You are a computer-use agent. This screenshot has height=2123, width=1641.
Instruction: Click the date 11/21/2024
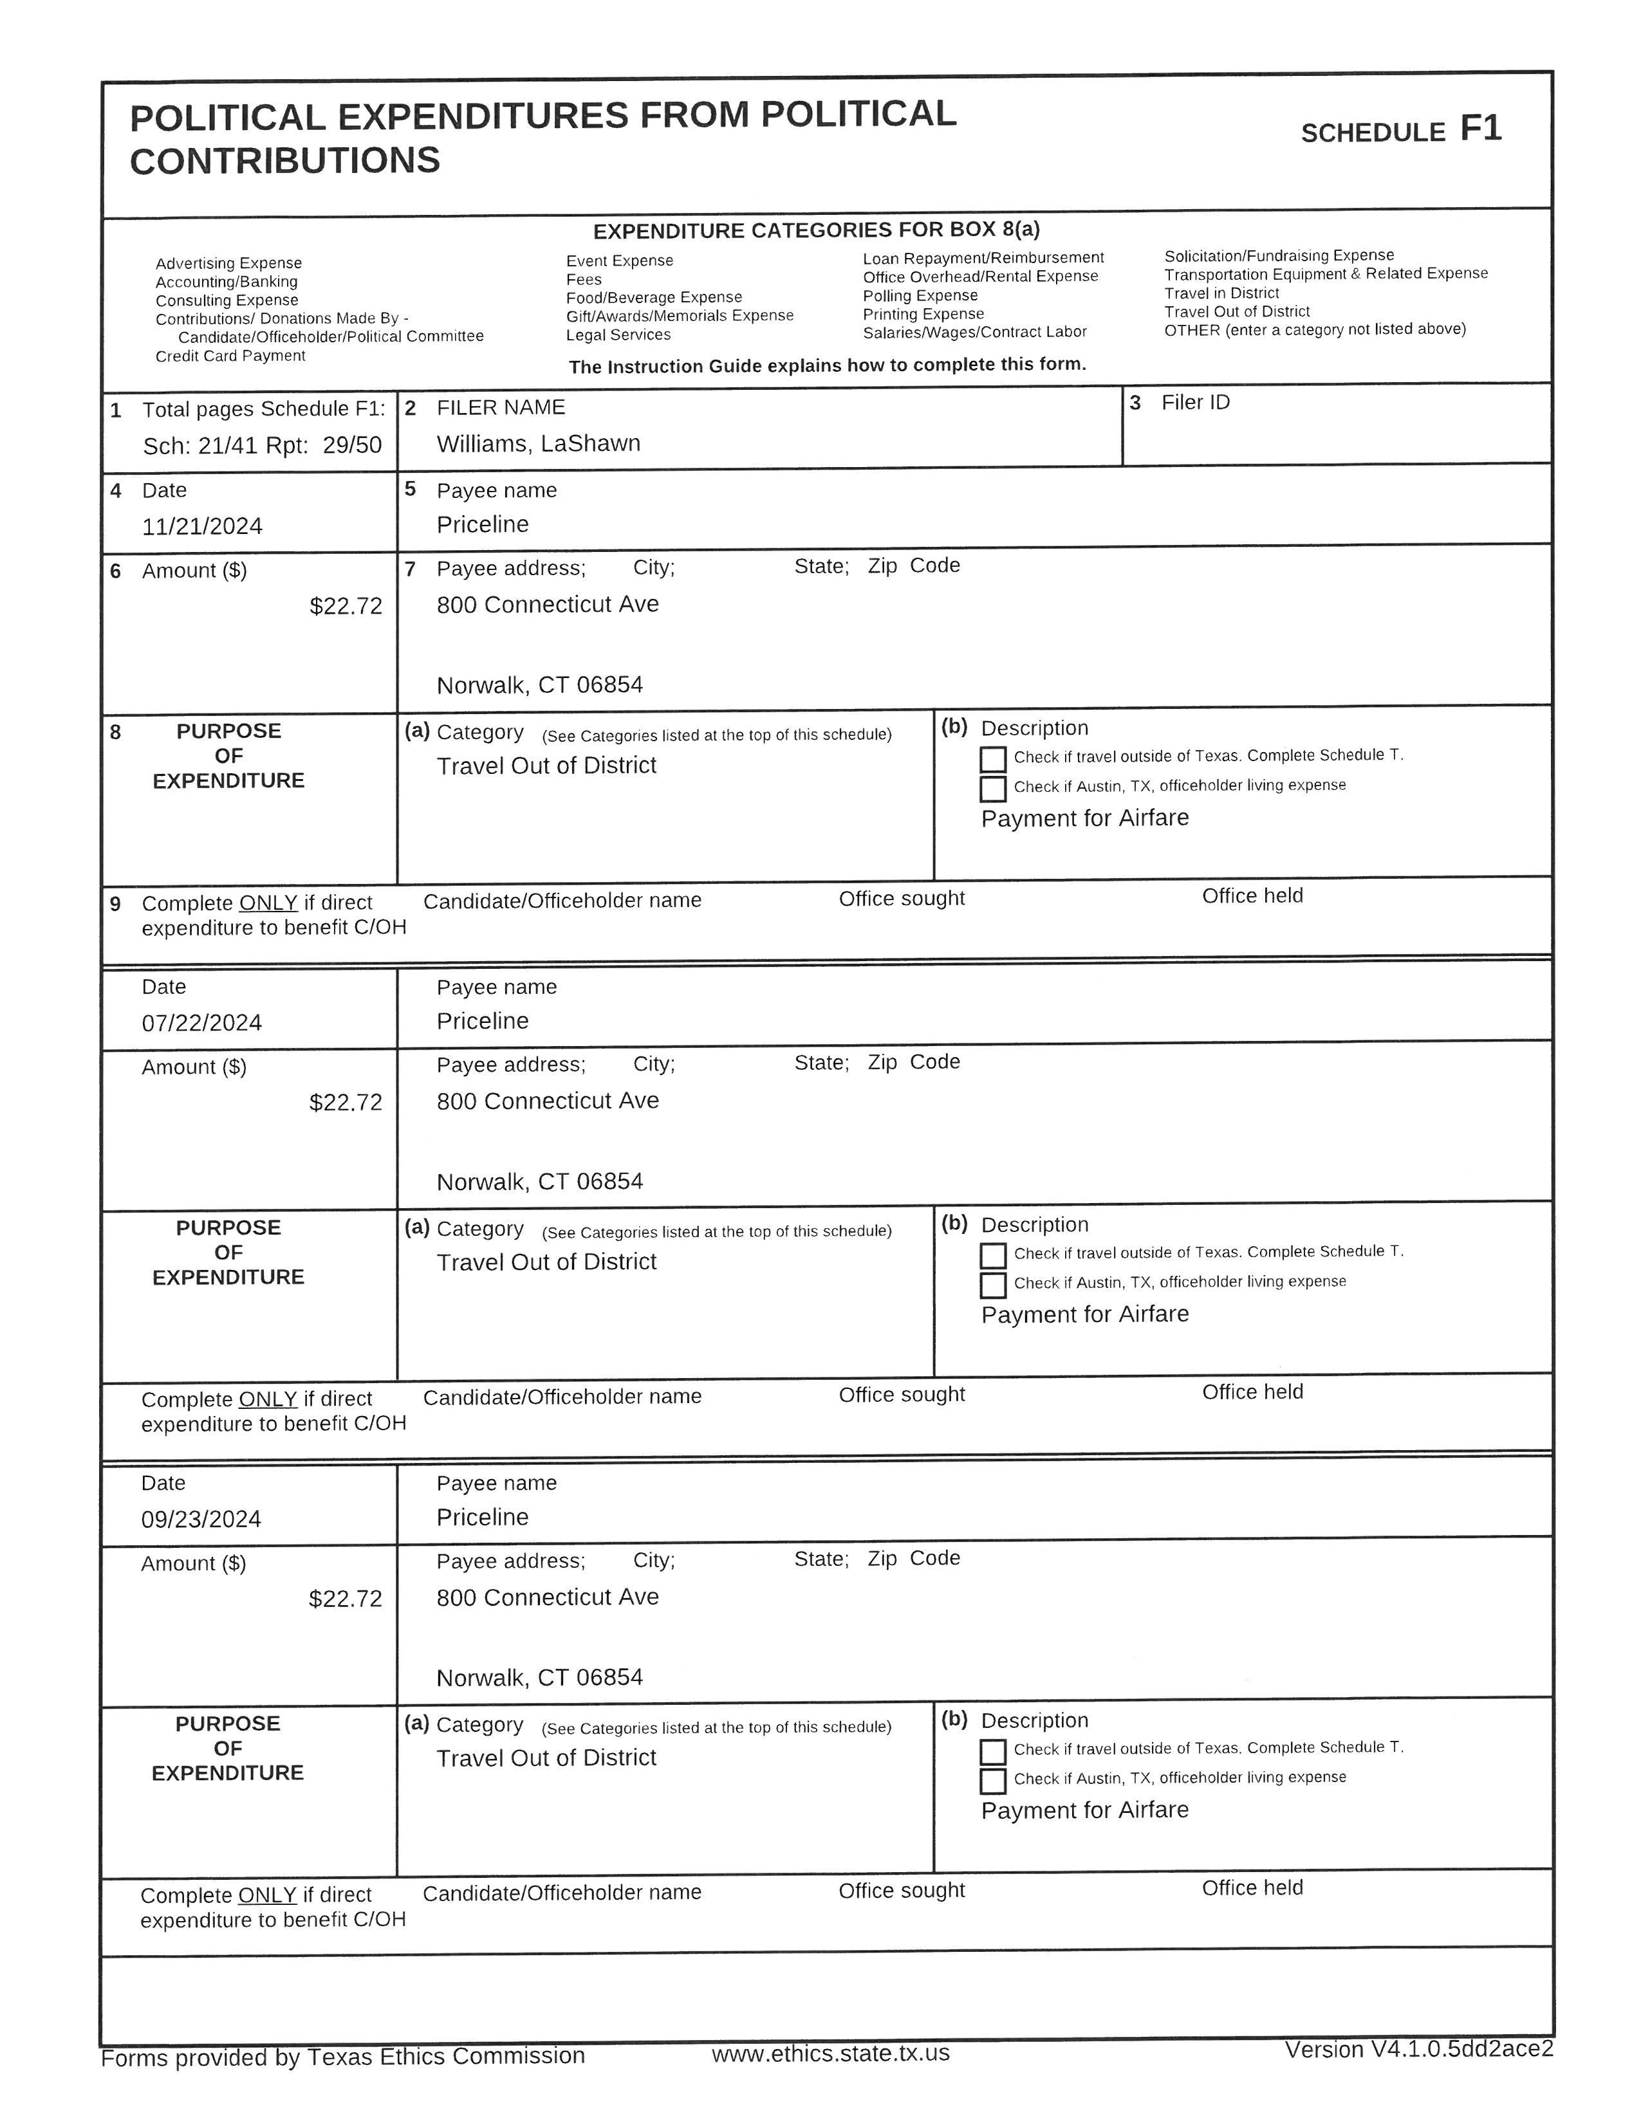pyautogui.click(x=202, y=527)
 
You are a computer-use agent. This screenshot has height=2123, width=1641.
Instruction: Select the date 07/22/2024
pyautogui.click(x=202, y=1023)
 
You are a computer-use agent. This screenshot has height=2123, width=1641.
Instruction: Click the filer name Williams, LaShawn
pyautogui.click(x=539, y=445)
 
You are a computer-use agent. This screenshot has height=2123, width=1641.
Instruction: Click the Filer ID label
pyautogui.click(x=1195, y=403)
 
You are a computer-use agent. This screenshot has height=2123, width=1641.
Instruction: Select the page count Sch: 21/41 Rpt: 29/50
pyautogui.click(x=263, y=446)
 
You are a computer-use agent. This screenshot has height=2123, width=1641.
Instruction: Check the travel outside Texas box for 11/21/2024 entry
pyautogui.click(x=992, y=759)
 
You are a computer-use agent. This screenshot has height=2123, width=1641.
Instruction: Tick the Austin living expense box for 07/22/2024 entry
pyautogui.click(x=992, y=1285)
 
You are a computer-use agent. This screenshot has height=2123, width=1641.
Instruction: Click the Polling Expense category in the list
pyautogui.click(x=920, y=295)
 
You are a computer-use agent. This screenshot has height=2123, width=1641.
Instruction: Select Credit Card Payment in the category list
pyautogui.click(x=230, y=356)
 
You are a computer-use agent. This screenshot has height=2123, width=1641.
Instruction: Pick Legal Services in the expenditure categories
pyautogui.click(x=618, y=335)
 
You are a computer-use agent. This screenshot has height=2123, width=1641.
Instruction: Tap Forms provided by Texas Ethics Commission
pyautogui.click(x=343, y=2057)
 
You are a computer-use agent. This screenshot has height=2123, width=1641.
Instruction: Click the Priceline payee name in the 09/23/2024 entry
pyautogui.click(x=482, y=1518)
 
